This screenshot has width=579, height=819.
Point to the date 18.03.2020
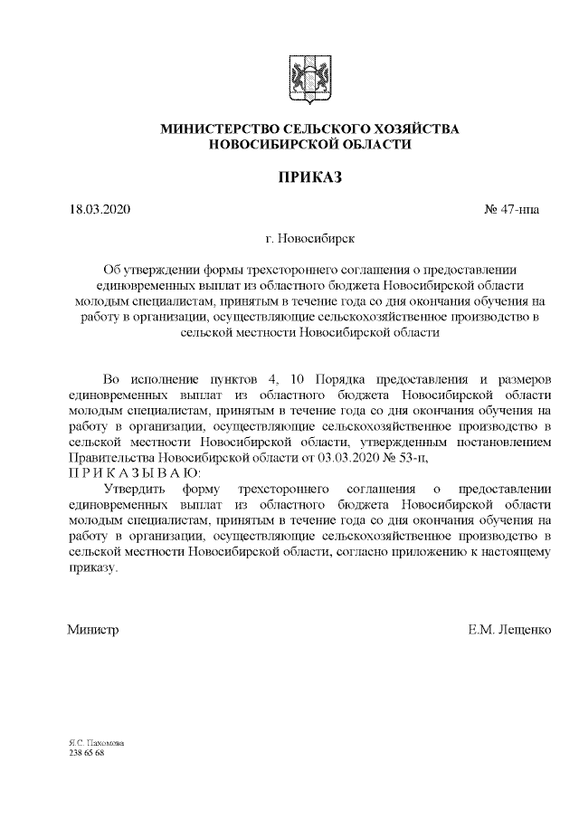pyautogui.click(x=100, y=211)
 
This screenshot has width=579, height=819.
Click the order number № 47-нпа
pyautogui.click(x=511, y=211)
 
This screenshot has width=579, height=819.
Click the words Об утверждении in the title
pyautogui.click(x=148, y=269)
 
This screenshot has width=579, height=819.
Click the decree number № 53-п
pyautogui.click(x=393, y=458)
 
